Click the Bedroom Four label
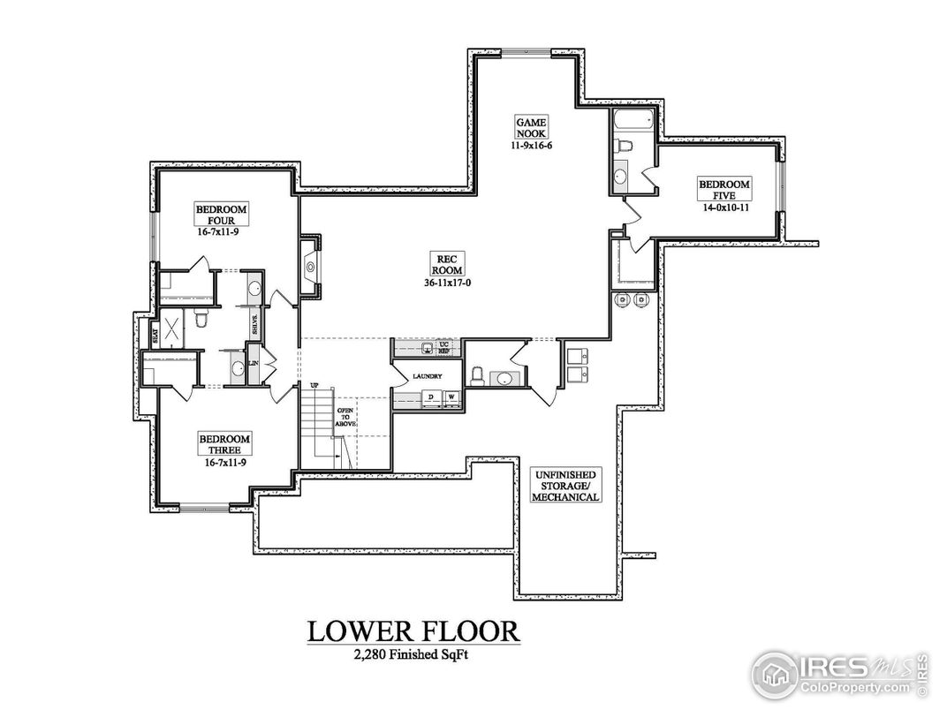tap(222, 215)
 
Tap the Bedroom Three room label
tap(223, 444)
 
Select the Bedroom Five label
tap(724, 190)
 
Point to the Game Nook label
tap(533, 127)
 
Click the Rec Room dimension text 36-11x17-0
tap(445, 283)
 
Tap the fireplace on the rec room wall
tap(311, 263)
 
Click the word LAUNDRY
tap(427, 376)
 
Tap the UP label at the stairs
tap(314, 385)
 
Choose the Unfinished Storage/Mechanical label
tap(566, 485)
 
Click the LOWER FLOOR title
tap(413, 631)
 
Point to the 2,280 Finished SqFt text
tap(413, 654)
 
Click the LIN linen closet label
tap(254, 363)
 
